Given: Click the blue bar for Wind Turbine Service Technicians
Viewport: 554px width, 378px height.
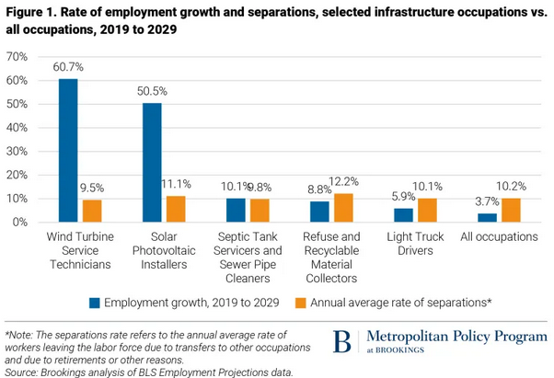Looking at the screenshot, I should [x=68, y=151].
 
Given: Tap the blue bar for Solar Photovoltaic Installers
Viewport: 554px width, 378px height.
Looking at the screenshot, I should [x=152, y=163].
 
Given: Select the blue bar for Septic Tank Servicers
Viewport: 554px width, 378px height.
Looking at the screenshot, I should [x=236, y=211].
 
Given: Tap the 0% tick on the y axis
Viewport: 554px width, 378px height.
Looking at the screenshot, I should [x=21, y=223].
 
